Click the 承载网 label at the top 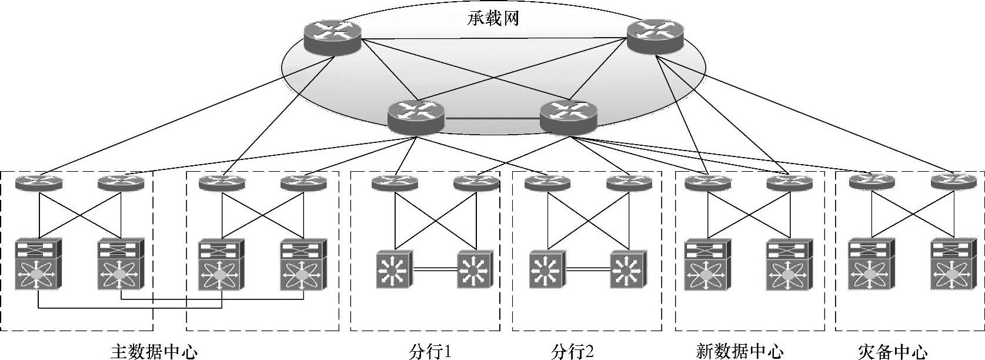pos(493,19)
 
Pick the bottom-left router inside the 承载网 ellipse pos(416,116)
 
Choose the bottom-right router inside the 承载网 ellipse pos(568,116)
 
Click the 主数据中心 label pos(154,352)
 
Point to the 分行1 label pos(430,352)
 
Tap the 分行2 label pos(573,352)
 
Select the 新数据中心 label pos(739,352)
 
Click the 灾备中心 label pos(893,352)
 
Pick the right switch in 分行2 pos(627,270)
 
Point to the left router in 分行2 pos(547,184)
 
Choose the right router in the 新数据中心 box pos(789,184)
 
